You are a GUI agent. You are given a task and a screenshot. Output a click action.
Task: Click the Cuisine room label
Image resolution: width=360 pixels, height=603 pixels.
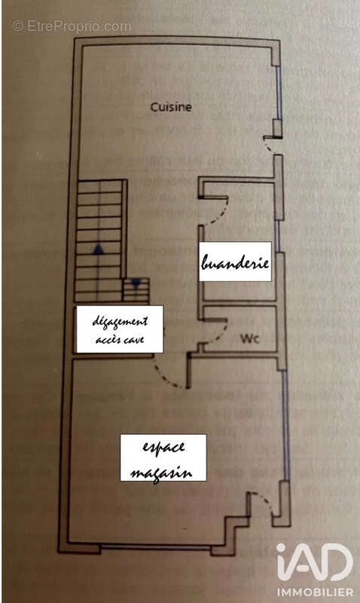pos(171,107)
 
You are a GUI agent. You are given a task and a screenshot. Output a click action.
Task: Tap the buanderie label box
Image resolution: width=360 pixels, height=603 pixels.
pos(235,262)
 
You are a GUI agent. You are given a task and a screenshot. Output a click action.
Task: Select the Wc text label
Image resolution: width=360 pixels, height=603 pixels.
pos(250,338)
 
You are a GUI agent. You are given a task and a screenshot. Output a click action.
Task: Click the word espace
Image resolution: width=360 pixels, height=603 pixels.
pos(163,448)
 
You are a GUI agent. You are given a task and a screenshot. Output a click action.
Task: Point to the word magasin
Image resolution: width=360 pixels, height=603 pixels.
pos(161,472)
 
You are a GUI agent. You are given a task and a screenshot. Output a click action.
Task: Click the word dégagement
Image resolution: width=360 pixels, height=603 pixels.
pos(120,323)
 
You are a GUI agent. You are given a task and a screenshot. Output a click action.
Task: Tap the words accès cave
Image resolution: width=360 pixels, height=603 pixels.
pos(120,340)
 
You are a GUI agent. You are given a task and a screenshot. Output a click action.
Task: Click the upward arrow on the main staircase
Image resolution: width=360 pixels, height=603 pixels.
pos(99,250)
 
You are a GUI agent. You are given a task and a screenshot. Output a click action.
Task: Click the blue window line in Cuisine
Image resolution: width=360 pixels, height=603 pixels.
pos(279,92)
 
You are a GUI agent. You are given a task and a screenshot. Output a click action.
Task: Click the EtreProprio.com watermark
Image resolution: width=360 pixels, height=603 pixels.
pos(72,26)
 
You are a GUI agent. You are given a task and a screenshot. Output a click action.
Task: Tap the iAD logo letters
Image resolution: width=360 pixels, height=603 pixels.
pos(314,562)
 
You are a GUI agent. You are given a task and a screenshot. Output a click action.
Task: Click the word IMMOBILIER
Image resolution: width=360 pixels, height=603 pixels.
pos(315,592)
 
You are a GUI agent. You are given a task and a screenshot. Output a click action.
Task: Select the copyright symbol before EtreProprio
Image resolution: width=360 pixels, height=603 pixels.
pos(18,26)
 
